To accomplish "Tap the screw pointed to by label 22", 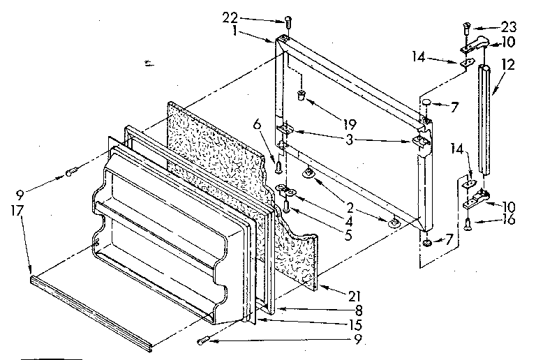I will pos(288,24).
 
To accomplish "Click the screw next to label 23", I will pos(466,29).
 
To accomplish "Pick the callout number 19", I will pos(350,125).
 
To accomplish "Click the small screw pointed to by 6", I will pos(279,167).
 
